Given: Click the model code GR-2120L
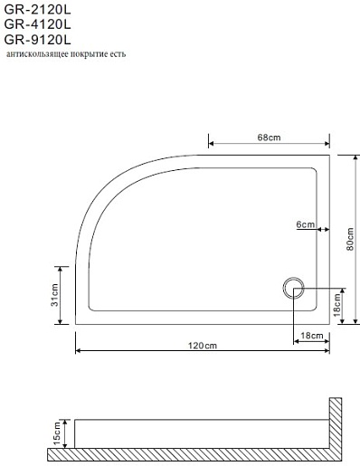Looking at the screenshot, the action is [x=37, y=10].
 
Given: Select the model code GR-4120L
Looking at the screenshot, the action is [x=37, y=24].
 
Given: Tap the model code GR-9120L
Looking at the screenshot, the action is [x=37, y=40].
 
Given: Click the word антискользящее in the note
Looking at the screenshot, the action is [x=37, y=54].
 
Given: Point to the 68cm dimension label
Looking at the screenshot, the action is [x=269, y=138].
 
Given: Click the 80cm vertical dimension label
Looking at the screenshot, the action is [x=350, y=239].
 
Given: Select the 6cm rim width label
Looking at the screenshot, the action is [x=305, y=224].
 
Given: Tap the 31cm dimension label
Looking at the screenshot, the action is [x=55, y=295].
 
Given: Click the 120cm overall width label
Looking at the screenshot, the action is [x=203, y=345].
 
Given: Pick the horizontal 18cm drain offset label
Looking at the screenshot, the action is [x=312, y=336].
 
